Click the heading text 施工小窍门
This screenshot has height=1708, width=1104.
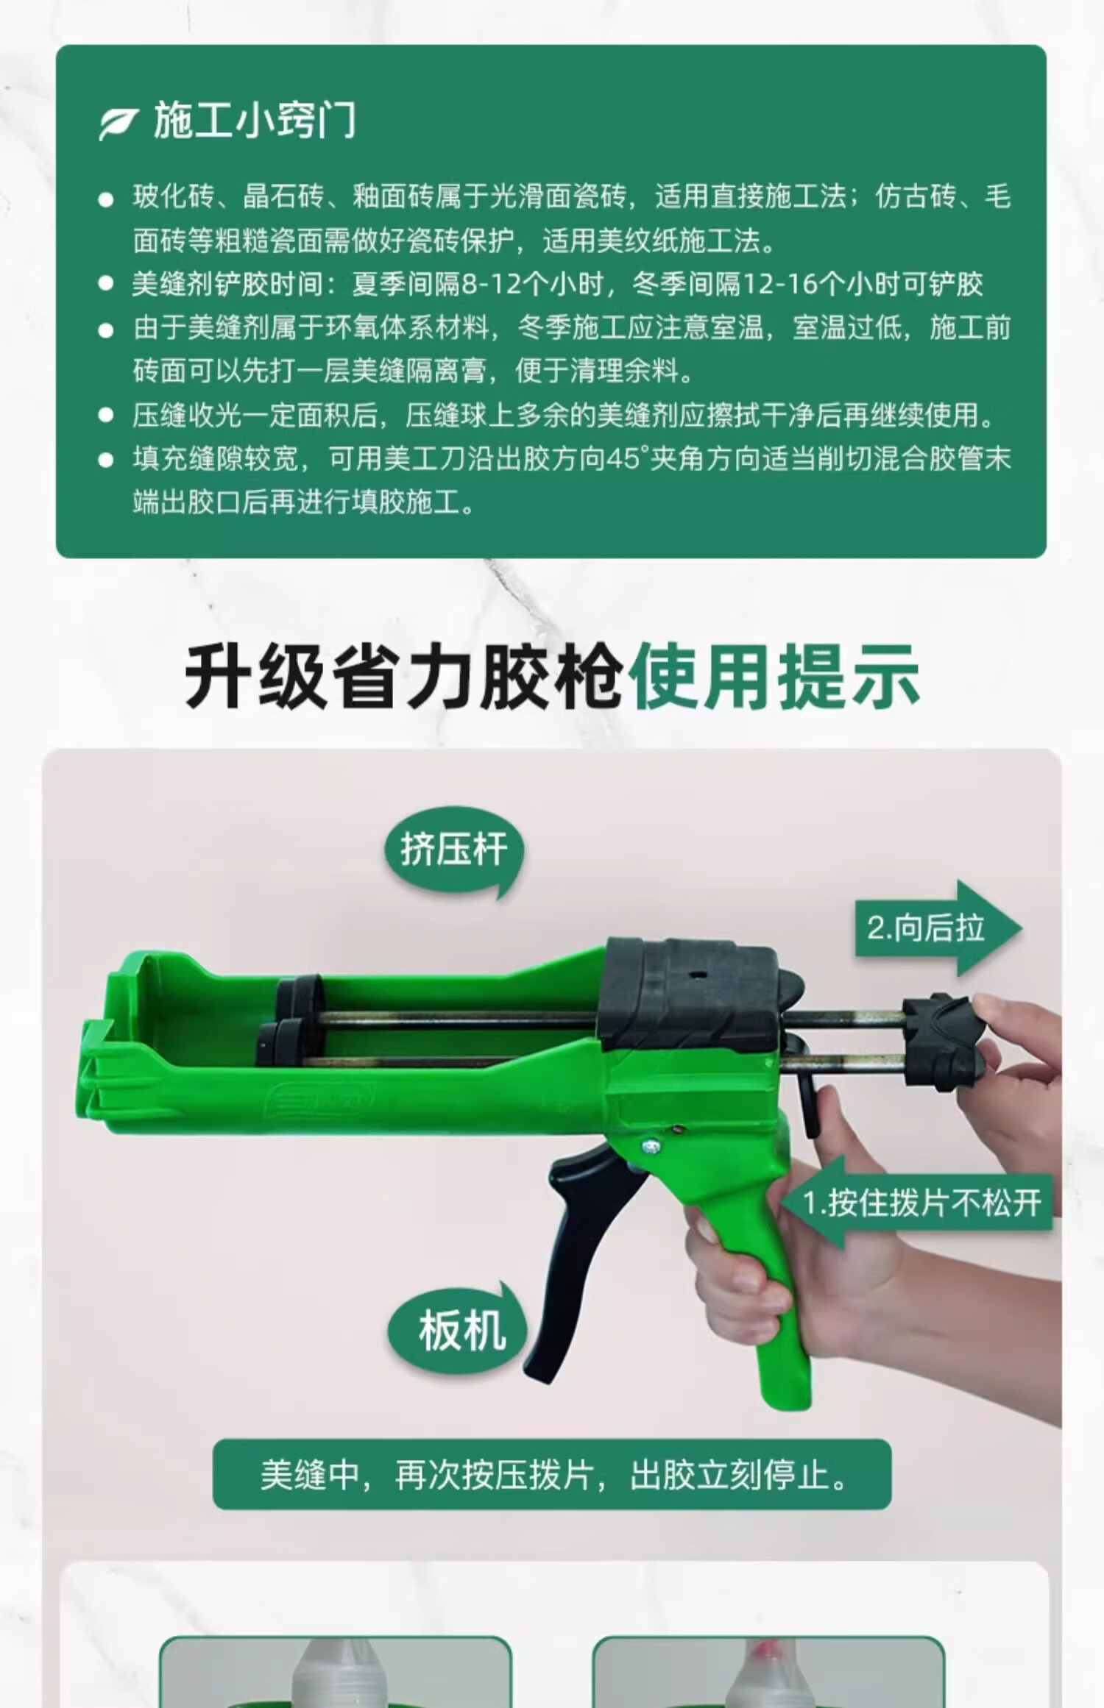[x=255, y=121]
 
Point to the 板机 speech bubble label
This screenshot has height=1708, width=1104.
[x=458, y=1332]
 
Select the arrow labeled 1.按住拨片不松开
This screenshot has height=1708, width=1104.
[x=917, y=1203]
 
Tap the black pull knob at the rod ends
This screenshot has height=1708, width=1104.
[x=944, y=1045]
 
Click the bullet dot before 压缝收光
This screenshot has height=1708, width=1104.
[x=107, y=416]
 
